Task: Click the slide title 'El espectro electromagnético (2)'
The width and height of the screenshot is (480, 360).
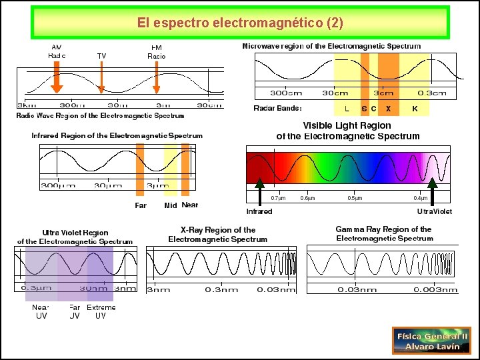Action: [x=240, y=23]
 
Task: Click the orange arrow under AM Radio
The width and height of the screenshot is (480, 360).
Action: [x=57, y=79]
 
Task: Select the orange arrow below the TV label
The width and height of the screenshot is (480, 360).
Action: [x=101, y=79]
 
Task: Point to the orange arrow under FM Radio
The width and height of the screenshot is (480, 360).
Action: [x=157, y=79]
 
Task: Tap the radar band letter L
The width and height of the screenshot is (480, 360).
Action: [x=347, y=109]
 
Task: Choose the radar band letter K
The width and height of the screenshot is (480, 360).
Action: [x=415, y=109]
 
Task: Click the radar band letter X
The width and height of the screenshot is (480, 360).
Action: [x=388, y=109]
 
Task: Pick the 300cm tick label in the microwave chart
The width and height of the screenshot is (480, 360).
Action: [x=285, y=93]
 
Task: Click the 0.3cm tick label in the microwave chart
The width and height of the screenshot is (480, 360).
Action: [x=432, y=93]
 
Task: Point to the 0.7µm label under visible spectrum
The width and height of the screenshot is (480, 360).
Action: [x=278, y=198]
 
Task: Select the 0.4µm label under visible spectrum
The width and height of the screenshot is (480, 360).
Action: [x=420, y=198]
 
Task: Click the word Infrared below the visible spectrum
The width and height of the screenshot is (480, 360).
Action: [x=259, y=211]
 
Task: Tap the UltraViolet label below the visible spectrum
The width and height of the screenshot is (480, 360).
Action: [x=434, y=211]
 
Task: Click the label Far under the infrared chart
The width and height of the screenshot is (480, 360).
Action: [x=141, y=205]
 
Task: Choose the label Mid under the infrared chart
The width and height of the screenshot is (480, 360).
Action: [x=171, y=205]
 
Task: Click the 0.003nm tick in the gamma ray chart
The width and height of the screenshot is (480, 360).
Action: [x=436, y=290]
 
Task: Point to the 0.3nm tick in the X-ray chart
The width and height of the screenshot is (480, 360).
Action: [x=221, y=290]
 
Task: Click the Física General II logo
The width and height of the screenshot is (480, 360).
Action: [x=431, y=341]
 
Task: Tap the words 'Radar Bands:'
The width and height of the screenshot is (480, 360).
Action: [x=277, y=109]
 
